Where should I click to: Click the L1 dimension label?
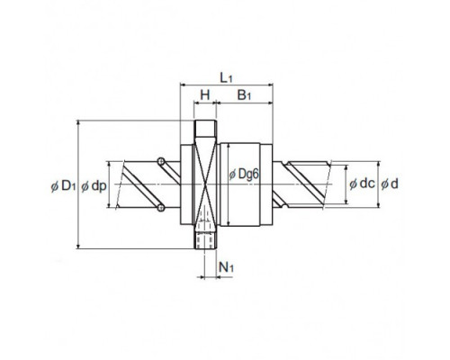coord(226,77)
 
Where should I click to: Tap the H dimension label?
coord(205,95)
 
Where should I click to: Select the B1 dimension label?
coord(244,95)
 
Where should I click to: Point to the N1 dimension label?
coord(226,267)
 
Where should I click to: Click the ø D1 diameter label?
coord(63,186)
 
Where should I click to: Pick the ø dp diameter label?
coord(94,186)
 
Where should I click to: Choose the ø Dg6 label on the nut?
coord(243,175)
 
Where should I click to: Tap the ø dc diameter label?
coord(362,184)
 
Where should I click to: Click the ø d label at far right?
coord(390,184)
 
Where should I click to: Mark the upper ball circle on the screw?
coord(161,161)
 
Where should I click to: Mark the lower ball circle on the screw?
coord(161,208)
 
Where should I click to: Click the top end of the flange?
coord(205,121)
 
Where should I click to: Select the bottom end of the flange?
coord(205,248)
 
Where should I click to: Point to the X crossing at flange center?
coord(205,184)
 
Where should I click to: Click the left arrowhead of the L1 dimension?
coord(182,85)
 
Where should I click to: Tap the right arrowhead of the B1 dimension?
coord(270,103)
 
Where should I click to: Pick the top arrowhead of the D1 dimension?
coord(78,122)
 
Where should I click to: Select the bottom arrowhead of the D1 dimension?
coord(78,247)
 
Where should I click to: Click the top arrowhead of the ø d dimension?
coord(379,164)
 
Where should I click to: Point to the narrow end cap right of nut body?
coord(266,184)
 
